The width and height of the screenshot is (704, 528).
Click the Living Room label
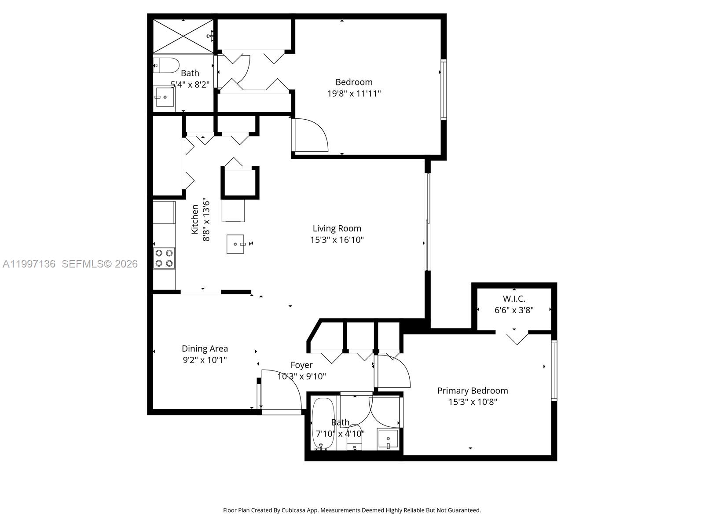[x=337, y=228]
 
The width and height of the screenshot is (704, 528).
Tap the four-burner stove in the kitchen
[x=164, y=258]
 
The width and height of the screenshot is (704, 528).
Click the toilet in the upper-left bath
[x=166, y=65]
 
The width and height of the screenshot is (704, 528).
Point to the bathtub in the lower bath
[x=323, y=424]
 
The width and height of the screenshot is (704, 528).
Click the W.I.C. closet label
[x=514, y=299]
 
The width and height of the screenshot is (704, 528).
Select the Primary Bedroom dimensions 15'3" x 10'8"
[x=473, y=402]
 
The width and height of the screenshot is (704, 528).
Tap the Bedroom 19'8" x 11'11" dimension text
[x=354, y=93]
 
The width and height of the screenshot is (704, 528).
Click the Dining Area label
[x=205, y=348]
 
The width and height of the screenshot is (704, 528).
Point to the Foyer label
[x=301, y=365]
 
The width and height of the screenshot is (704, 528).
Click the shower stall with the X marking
[x=183, y=36]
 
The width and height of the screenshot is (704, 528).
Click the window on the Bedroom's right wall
[x=444, y=90]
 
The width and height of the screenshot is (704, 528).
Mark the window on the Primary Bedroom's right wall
[x=554, y=370]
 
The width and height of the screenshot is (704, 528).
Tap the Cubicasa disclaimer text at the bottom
[x=352, y=510]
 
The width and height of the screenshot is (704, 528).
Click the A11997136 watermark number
[x=29, y=264]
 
